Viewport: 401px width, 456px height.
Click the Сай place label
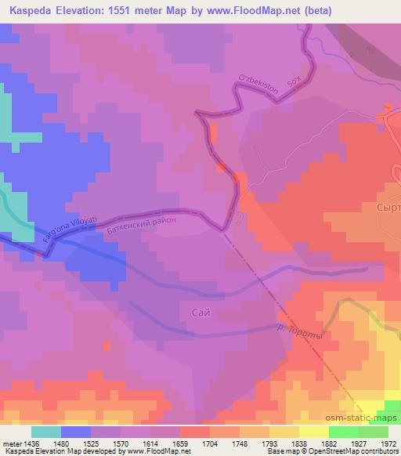coord(200,312)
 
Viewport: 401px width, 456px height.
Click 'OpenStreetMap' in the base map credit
coord(318,452)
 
